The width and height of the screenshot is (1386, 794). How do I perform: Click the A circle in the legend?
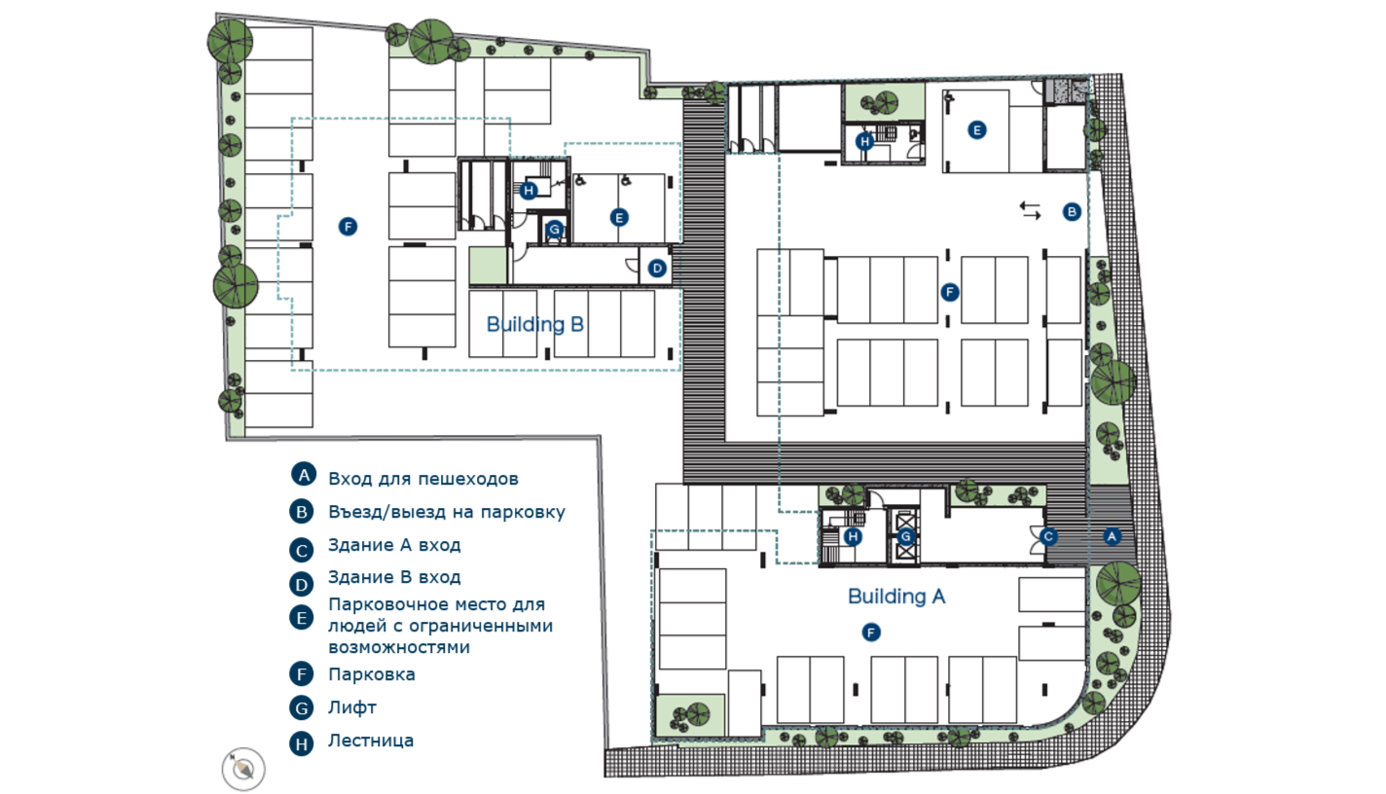click(x=304, y=475)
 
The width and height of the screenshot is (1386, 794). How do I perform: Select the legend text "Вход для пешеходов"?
click(x=423, y=480)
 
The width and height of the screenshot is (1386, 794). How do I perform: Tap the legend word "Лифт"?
click(x=352, y=707)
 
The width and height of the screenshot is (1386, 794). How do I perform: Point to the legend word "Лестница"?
click(x=371, y=740)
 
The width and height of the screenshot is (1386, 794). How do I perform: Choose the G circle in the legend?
click(x=302, y=707)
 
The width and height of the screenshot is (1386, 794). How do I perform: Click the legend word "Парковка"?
click(x=371, y=674)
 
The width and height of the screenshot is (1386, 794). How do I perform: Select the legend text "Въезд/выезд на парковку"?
click(x=447, y=513)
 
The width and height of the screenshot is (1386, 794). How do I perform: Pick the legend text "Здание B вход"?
click(x=395, y=578)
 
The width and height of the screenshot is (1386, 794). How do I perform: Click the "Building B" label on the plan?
click(x=535, y=325)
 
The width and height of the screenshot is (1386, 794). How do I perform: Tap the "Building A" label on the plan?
click(x=896, y=596)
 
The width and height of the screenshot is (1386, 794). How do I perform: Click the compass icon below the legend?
click(x=243, y=769)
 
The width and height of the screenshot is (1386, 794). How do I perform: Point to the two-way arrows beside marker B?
click(x=1030, y=211)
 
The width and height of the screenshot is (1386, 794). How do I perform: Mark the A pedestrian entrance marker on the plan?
click(x=1112, y=536)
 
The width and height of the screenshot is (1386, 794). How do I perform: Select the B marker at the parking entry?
click(x=1072, y=212)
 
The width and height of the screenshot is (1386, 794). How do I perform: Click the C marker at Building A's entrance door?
click(x=1048, y=537)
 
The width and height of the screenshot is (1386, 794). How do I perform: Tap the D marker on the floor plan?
click(x=657, y=269)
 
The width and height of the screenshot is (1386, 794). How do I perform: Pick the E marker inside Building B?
click(x=619, y=218)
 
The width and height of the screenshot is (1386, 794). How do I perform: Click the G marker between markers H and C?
click(x=906, y=537)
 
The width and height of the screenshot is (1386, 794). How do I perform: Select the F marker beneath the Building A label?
click(x=871, y=632)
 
